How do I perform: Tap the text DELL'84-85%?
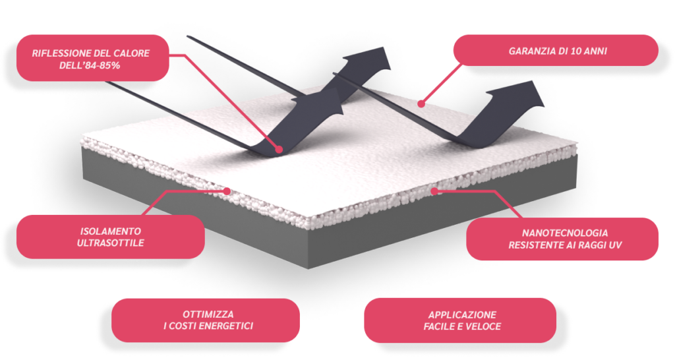(x=90, y=65)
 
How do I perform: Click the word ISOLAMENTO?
(x=110, y=231)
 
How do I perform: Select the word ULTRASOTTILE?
(x=110, y=243)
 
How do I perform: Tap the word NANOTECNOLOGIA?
(x=565, y=233)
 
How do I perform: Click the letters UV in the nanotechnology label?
(x=616, y=245)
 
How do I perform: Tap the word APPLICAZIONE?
(x=462, y=315)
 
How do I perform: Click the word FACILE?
(x=438, y=326)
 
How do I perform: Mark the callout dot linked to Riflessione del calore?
(x=279, y=150)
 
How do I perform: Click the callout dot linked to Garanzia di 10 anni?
(x=421, y=104)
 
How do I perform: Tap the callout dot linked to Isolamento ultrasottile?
(x=227, y=192)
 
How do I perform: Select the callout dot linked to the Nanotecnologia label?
(x=435, y=191)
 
